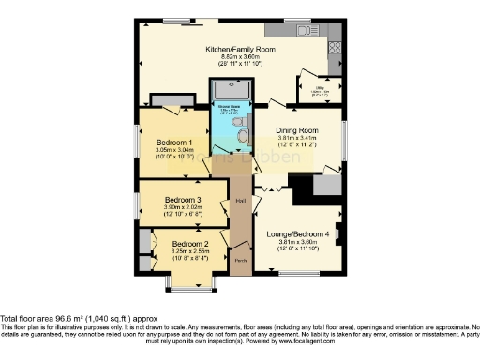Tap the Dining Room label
coord(298,129)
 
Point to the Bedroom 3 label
coord(183,200)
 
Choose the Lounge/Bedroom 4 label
coord(299,232)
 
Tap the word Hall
coord(241,201)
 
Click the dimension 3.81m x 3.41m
coord(298,138)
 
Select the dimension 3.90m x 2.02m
coord(183,207)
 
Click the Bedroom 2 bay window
coord(196,282)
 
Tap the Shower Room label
coord(226,106)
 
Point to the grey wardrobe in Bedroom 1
coord(166,101)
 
